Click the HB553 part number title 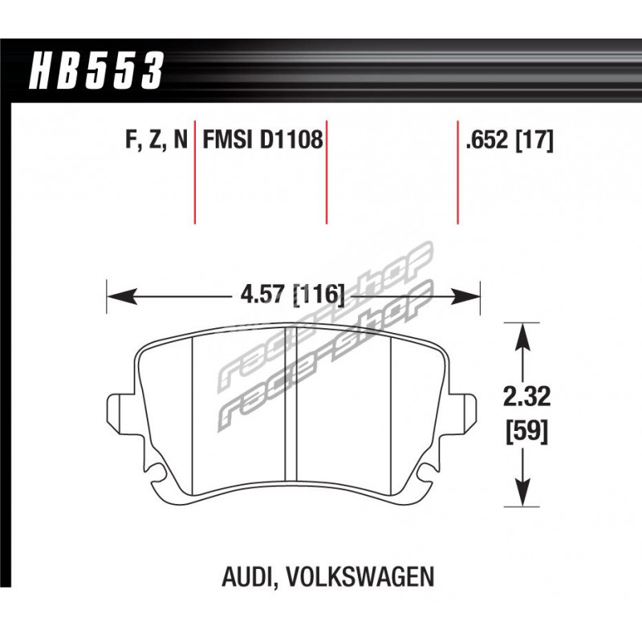point(96,70)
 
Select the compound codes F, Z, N point(156,140)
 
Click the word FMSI point(229,140)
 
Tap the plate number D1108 point(291,140)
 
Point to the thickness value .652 point(487,140)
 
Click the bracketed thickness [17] point(534,140)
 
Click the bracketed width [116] point(319,294)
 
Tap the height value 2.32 point(526,396)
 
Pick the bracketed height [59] point(526,432)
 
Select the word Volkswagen point(359,576)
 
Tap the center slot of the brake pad point(291,404)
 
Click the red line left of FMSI point(195,173)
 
